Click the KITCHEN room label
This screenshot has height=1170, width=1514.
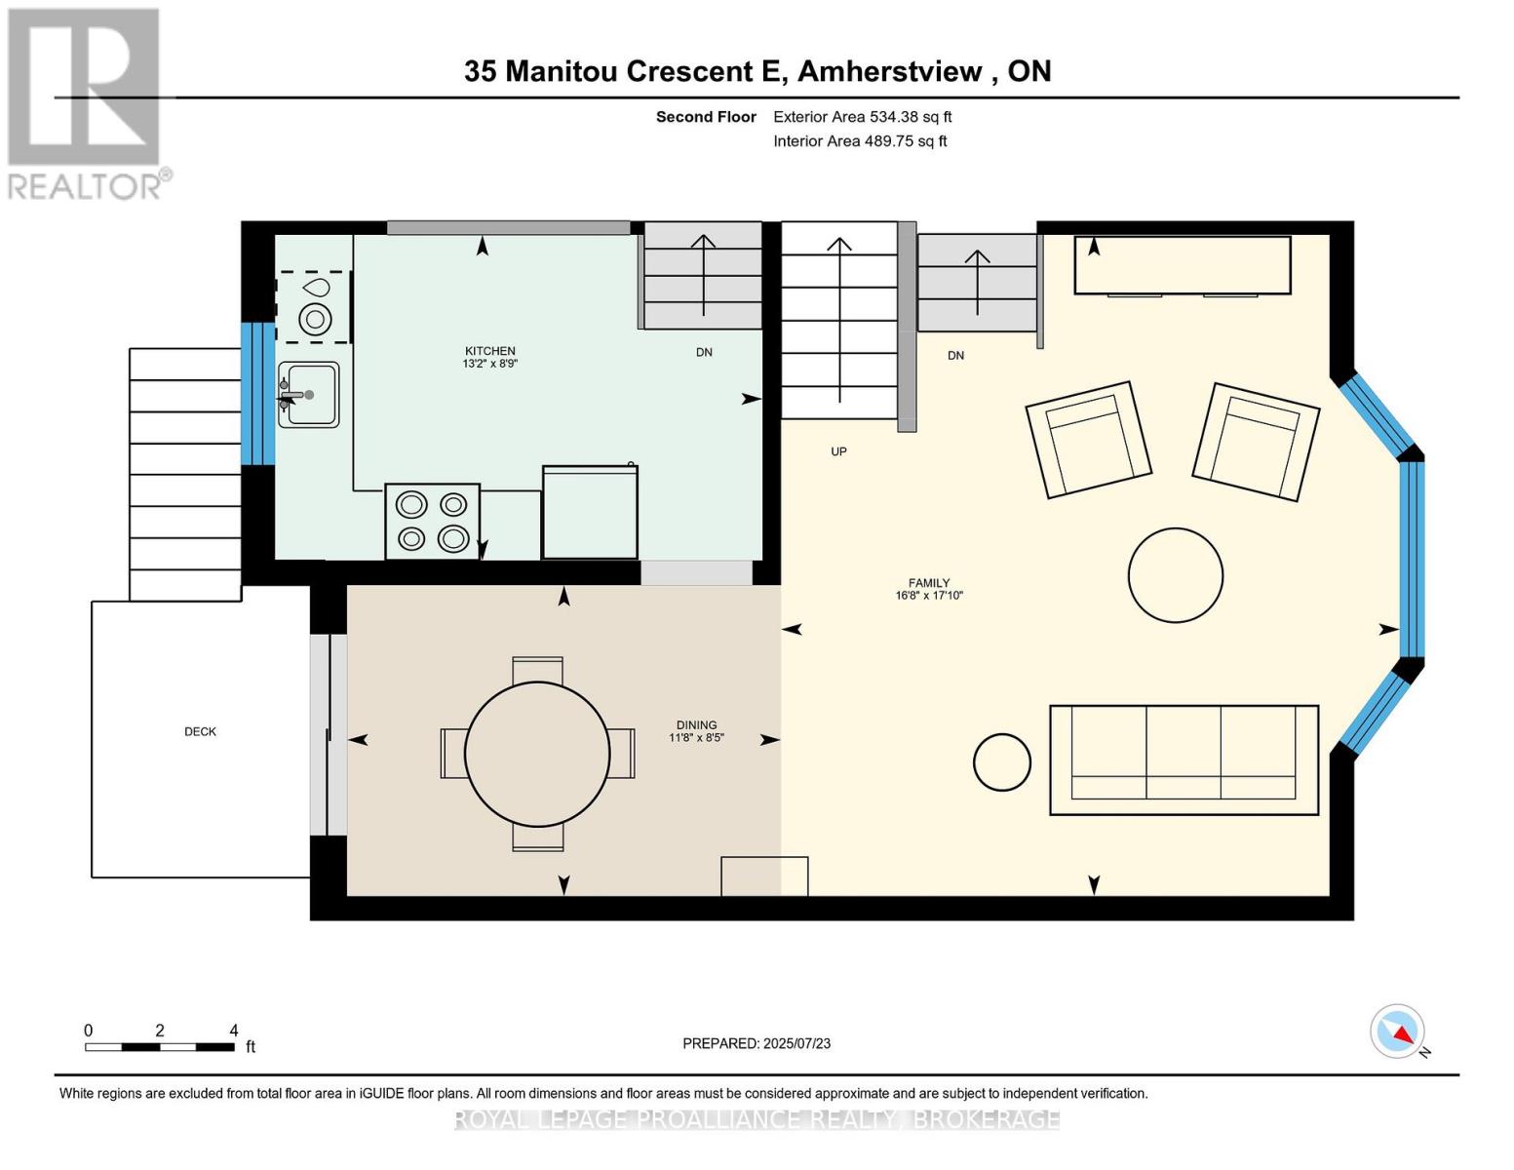[489, 351]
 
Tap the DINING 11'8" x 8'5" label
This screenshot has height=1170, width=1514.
[696, 731]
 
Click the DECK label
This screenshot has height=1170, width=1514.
[200, 731]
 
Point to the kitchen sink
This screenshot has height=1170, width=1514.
[309, 395]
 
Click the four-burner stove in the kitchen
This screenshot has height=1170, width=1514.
[432, 522]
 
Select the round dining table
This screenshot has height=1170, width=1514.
[537, 753]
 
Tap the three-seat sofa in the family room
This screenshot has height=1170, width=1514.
[1184, 760]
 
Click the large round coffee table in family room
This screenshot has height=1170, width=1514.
[1175, 575]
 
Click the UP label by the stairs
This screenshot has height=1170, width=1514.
[838, 451]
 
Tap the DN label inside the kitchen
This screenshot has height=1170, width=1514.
[704, 352]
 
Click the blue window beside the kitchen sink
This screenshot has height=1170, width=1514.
[258, 393]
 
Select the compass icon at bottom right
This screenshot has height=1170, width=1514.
[1398, 1032]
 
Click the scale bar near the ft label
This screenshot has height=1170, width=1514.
[159, 1047]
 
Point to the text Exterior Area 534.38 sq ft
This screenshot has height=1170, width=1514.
[862, 117]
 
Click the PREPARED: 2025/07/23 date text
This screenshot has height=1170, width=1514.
[757, 1043]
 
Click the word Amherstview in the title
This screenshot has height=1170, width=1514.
[891, 71]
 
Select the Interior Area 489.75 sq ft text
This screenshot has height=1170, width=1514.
[860, 141]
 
